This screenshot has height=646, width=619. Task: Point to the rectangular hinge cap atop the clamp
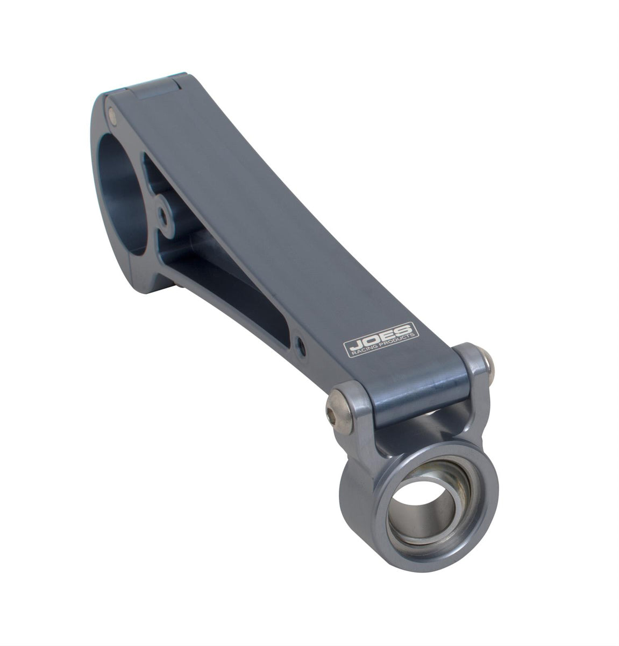coord(156,87)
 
